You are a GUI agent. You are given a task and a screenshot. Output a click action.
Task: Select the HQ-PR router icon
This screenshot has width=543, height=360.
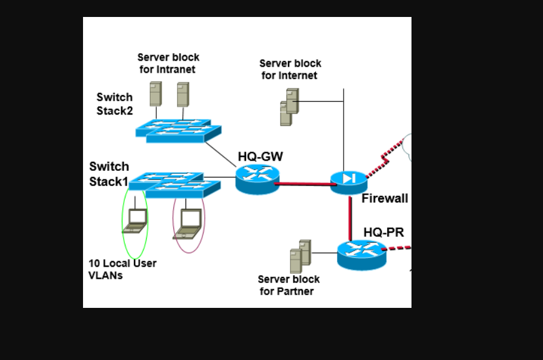coord(361,254)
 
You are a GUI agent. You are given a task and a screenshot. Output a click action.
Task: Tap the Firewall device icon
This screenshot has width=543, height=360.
coord(349,181)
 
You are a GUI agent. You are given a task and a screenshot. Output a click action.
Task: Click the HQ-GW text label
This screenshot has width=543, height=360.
coord(260,156)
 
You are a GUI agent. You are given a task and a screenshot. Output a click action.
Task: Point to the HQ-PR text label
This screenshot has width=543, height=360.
coord(383,232)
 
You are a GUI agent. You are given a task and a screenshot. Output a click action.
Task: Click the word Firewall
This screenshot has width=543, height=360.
coord(384,198)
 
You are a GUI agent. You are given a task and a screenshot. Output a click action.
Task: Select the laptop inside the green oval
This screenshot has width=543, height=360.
coord(135,221)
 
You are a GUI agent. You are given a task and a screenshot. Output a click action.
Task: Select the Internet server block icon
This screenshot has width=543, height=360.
coord(289,107)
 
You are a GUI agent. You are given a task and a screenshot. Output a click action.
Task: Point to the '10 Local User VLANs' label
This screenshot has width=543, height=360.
coord(122,269)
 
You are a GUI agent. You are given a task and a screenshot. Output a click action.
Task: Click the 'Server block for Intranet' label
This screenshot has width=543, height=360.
coord(168,63)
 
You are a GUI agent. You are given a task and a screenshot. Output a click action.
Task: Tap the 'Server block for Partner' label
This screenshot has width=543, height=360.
coord(288,285)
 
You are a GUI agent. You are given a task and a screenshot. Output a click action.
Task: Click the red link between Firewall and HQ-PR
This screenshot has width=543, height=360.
coord(350,216)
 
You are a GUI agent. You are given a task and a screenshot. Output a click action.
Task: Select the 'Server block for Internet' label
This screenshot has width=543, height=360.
coord(290,69)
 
